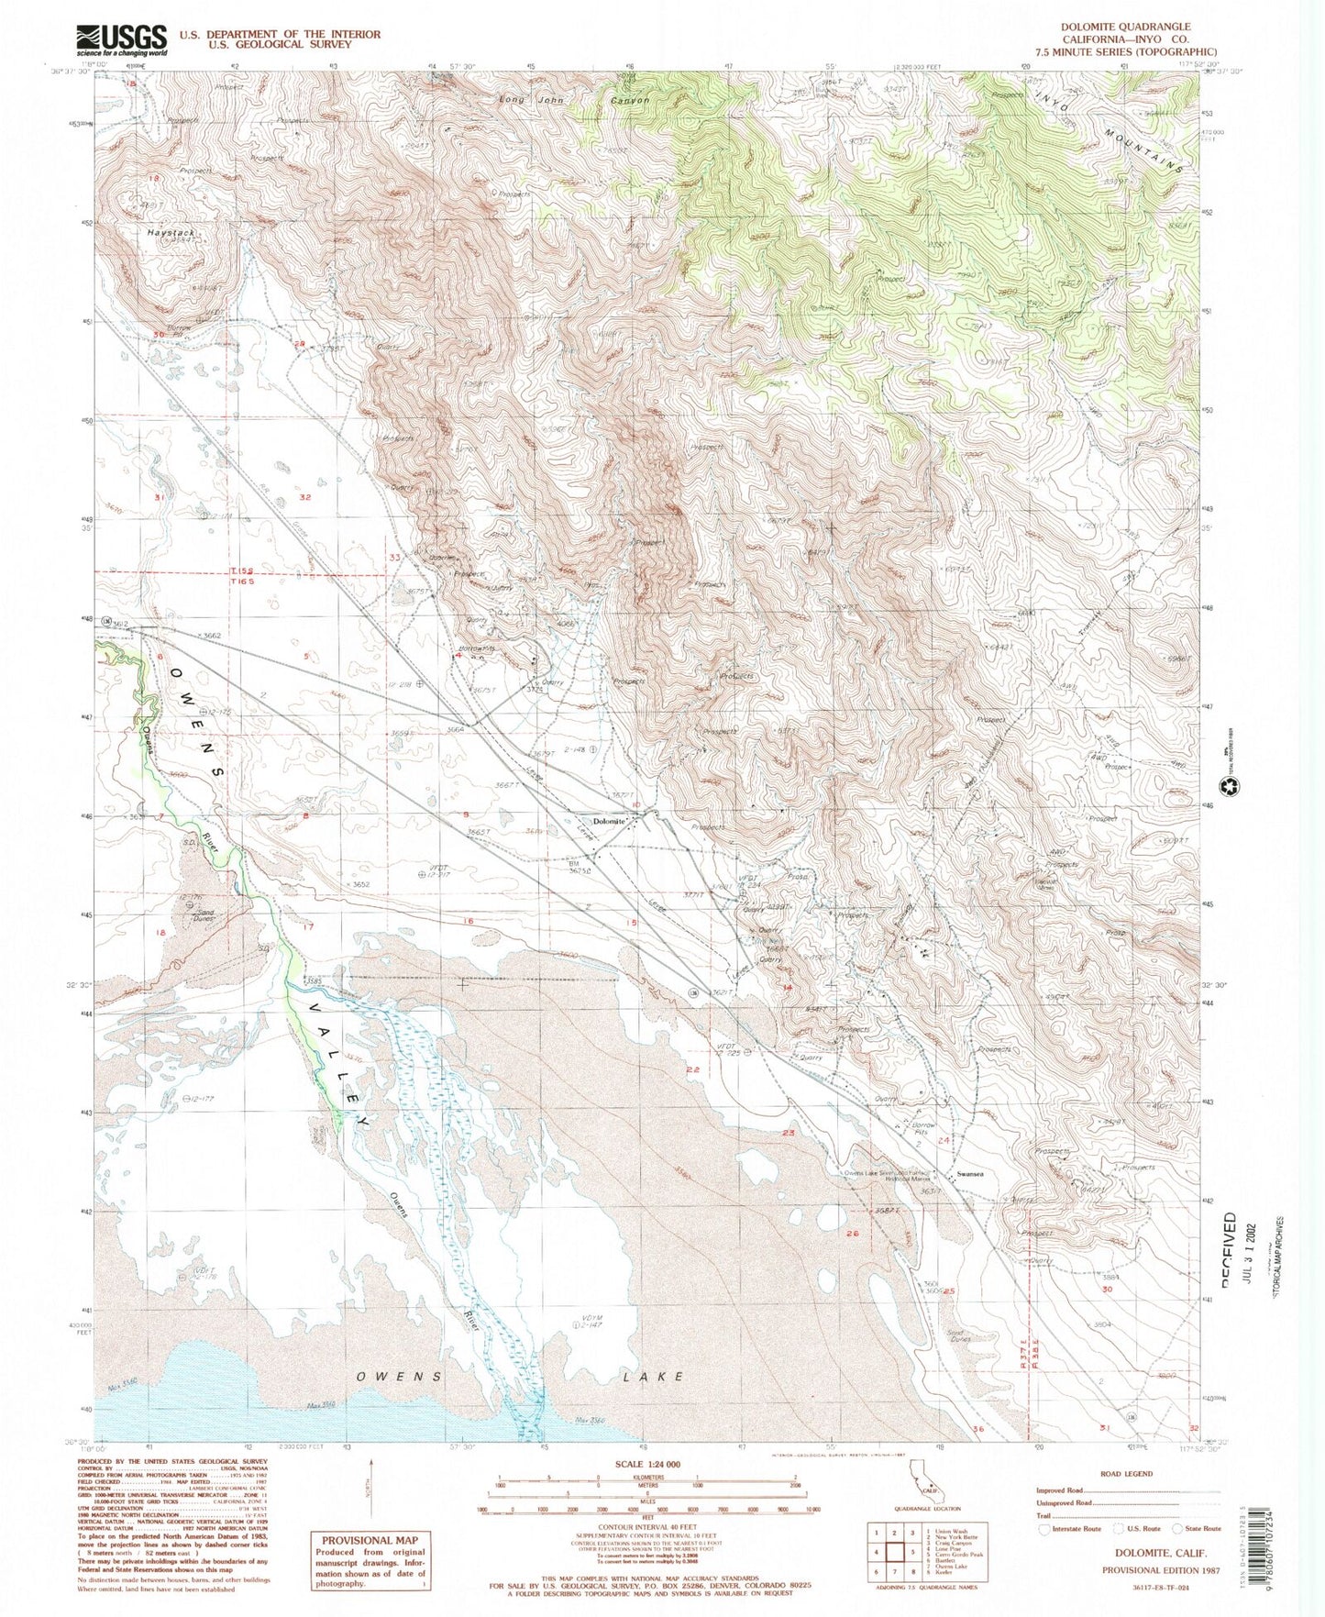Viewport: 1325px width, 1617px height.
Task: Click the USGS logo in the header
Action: (121, 39)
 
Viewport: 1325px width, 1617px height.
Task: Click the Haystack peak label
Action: (171, 233)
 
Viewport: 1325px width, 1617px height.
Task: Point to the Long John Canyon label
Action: (573, 99)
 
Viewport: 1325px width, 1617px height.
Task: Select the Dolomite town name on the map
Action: (609, 822)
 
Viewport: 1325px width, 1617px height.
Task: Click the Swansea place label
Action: (970, 1174)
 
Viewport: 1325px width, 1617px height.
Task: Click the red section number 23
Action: (788, 1133)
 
